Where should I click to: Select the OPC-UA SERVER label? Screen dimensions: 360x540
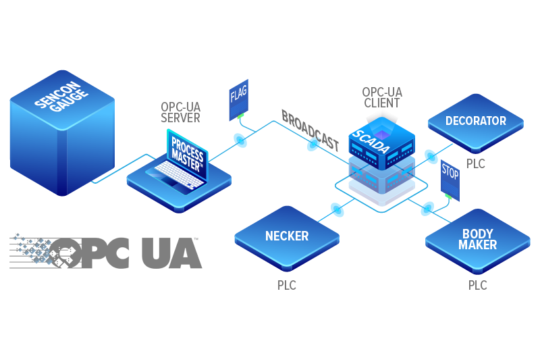pos(180,112)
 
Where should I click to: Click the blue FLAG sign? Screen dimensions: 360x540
pos(239,95)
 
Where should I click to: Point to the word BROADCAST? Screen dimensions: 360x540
pos(310,130)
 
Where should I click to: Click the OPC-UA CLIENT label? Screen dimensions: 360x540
pos(381,98)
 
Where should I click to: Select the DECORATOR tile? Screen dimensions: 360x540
pos(475,122)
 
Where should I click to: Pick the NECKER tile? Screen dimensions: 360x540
pos(287,236)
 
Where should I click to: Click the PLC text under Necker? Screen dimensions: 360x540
pos(287,285)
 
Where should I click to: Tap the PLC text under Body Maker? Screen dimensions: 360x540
pos(477,285)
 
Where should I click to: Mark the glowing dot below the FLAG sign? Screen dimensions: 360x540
pos(240,140)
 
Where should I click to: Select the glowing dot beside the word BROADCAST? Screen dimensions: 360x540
pos(313,144)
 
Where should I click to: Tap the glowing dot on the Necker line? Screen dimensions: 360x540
pos(335,209)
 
